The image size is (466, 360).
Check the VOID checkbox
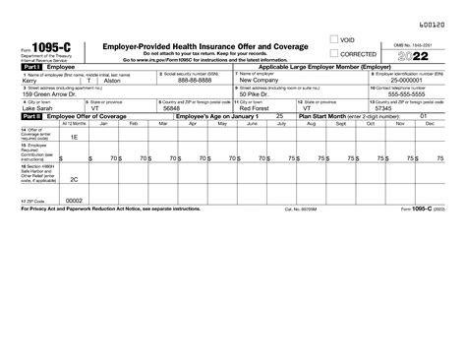click(x=334, y=41)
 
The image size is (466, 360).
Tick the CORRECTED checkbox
click(x=334, y=55)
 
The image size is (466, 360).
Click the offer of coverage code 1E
click(x=74, y=137)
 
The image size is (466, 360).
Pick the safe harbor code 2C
click(x=74, y=180)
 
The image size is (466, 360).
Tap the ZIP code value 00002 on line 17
click(x=74, y=200)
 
